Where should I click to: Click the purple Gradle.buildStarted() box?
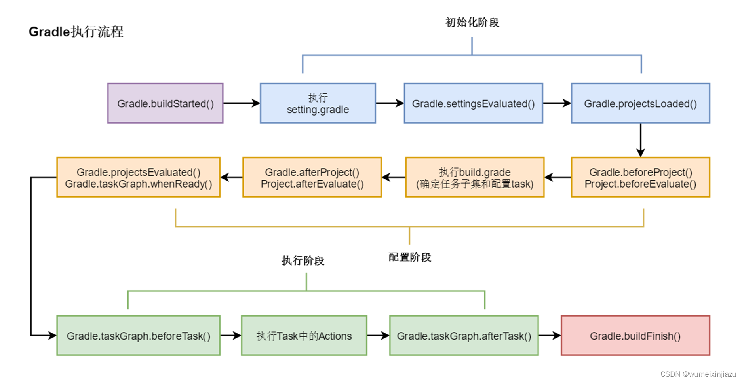tap(166, 103)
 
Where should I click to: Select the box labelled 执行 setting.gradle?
tap(318, 103)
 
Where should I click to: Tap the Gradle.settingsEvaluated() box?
tap(473, 103)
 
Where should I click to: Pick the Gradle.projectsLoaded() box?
tap(640, 103)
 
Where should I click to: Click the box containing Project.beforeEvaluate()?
tap(640, 177)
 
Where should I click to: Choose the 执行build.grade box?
tap(475, 177)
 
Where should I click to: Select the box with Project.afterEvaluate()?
tap(312, 177)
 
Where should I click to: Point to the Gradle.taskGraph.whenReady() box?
tap(138, 177)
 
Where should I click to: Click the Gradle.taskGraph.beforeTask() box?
tap(138, 336)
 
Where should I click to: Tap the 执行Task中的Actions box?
tap(304, 336)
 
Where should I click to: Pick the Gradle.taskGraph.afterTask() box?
tap(464, 336)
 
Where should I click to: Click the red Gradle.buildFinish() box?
tap(635, 336)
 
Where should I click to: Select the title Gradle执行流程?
tap(76, 32)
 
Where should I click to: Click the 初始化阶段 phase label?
tap(472, 23)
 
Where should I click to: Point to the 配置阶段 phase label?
tap(409, 257)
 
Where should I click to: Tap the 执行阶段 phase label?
tap(303, 260)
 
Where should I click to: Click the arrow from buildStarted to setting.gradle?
tap(241, 103)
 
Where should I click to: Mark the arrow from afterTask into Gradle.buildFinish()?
tap(550, 336)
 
